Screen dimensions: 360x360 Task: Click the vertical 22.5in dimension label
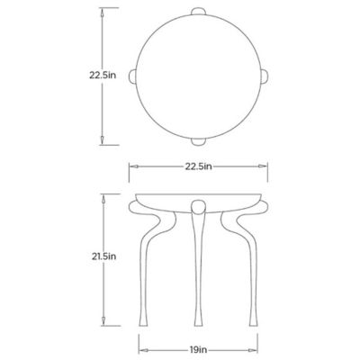point(103,75)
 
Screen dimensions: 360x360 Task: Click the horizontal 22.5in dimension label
point(198,166)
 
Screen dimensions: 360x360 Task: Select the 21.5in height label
point(103,256)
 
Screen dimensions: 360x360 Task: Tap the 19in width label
point(198,349)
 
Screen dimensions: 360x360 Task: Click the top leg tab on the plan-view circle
point(198,11)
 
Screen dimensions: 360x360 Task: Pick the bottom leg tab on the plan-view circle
point(198,141)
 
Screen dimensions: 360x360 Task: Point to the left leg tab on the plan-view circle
point(132,76)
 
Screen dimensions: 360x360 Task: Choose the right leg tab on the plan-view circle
point(264,76)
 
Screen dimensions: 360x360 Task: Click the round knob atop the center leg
point(198,207)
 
